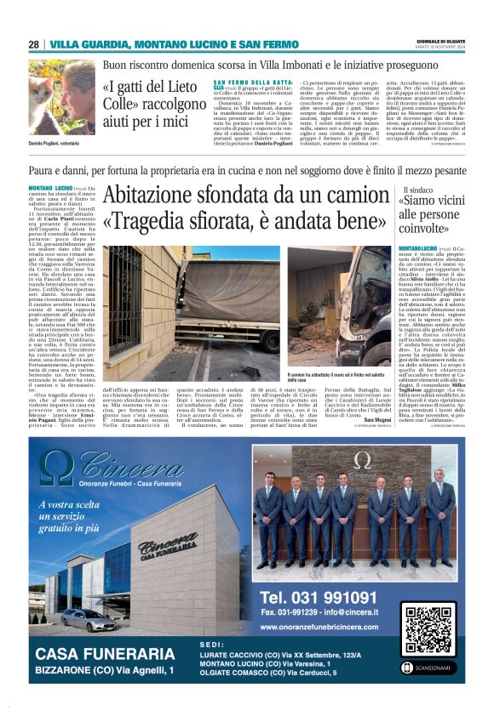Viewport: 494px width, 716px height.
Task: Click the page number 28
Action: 33,44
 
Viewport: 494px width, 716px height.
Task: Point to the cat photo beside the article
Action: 61,97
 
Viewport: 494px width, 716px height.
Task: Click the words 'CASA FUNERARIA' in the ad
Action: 104,654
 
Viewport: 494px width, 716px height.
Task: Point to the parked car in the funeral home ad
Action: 89,619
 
